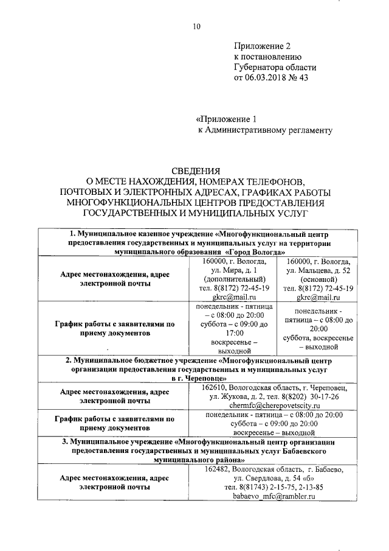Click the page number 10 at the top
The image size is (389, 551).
[195, 25]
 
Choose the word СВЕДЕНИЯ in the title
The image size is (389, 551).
[194, 171]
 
